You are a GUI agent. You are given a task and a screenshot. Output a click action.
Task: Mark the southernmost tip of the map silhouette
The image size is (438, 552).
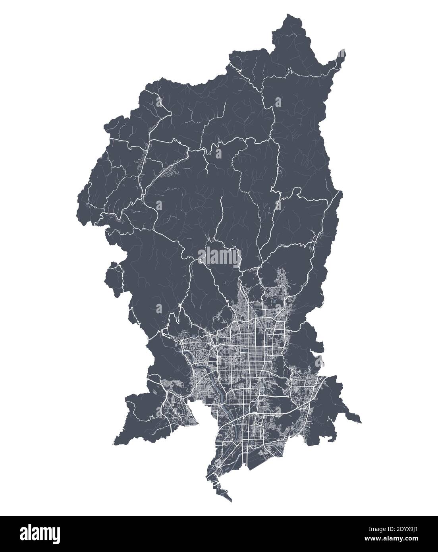231,501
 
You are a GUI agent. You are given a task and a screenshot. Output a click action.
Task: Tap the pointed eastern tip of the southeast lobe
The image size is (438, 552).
361,422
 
